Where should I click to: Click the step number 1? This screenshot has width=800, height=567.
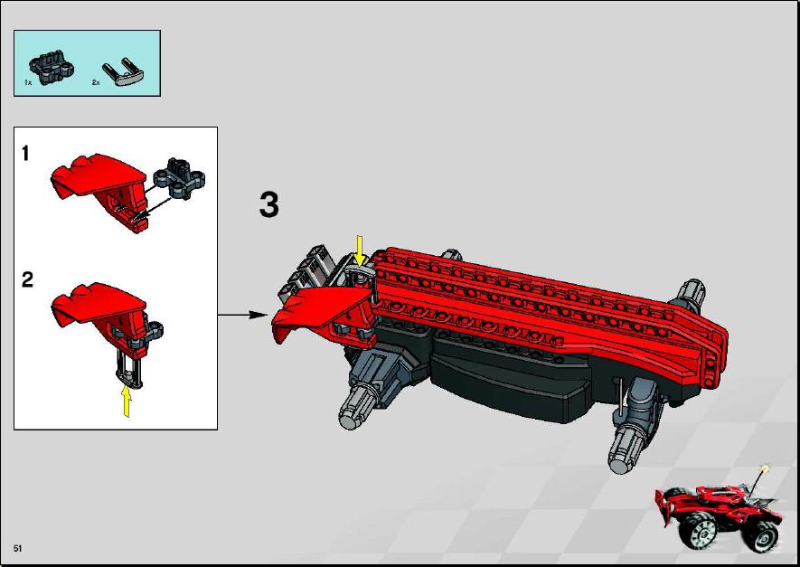pos(25,154)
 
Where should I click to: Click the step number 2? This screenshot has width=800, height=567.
pos(27,279)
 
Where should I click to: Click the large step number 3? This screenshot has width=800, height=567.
pos(269,205)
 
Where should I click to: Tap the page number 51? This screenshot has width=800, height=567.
pos(18,549)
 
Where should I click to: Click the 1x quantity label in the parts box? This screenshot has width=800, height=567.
pos(28,82)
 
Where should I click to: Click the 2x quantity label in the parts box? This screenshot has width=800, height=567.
pos(96,82)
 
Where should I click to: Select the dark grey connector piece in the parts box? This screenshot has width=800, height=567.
pos(52,67)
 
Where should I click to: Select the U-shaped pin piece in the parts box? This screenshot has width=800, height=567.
pos(123,72)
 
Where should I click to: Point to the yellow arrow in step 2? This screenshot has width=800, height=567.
pos(126,402)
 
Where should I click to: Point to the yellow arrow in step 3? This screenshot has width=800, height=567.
pos(360,250)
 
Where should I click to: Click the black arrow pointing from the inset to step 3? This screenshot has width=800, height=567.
pos(243,315)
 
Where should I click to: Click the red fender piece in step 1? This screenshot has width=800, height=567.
pos(99,190)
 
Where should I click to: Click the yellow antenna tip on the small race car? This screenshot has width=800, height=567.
pos(764,468)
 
